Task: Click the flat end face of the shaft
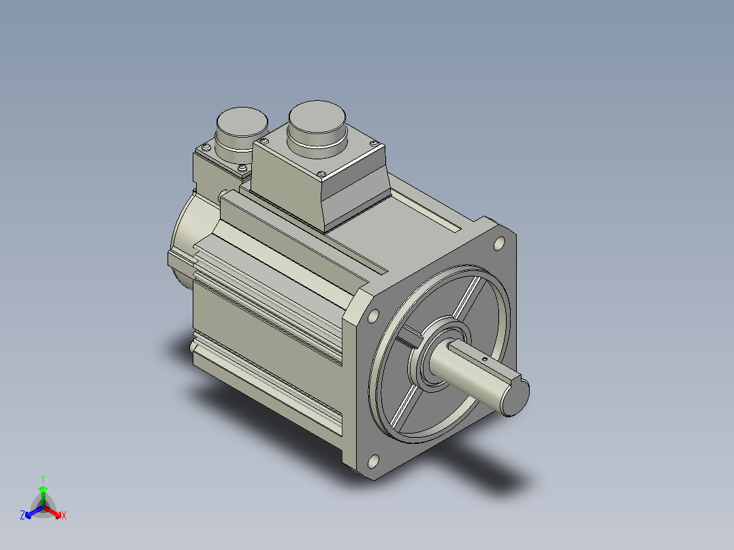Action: coord(516,397)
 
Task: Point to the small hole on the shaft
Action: coord(485,359)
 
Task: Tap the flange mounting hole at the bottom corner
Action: coord(373,462)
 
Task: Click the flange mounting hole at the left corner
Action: coord(373,317)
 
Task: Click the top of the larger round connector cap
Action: coord(317,116)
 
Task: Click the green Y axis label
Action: coord(43,479)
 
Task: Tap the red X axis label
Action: coord(64,515)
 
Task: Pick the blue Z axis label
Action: coord(22,515)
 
